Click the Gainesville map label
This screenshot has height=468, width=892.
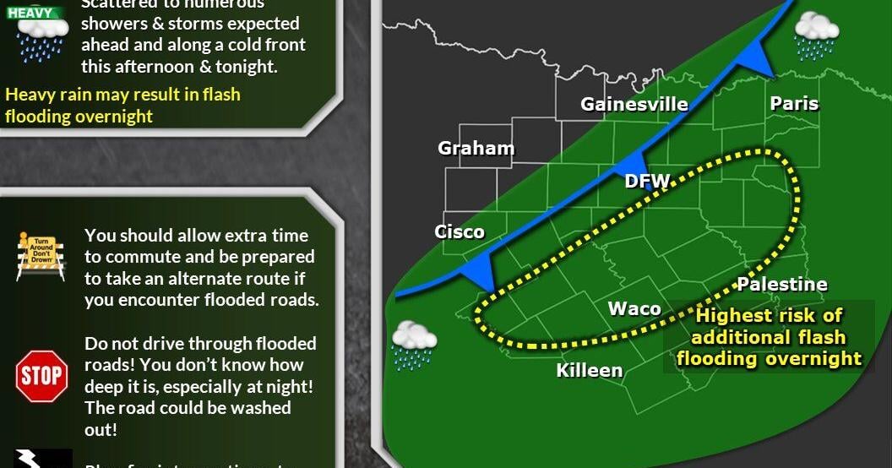pos(634,105)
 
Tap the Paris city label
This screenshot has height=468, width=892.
pos(794,104)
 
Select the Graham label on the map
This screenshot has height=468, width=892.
pos(476,149)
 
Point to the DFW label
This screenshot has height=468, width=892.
pos(647,181)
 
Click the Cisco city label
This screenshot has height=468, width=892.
pos(460,231)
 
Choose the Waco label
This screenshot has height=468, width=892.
pos(634,308)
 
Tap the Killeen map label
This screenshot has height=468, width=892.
pos(590,370)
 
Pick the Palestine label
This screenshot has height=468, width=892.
pos(782,285)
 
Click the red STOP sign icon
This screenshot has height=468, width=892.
pos(41,375)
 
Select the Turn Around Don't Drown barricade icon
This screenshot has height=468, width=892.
pos(41,257)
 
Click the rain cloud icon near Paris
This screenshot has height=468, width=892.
pos(816,35)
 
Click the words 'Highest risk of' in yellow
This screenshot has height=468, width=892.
pos(768,316)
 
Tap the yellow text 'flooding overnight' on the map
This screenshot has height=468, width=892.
pos(769,358)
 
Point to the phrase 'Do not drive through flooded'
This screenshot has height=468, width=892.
pos(200,344)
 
